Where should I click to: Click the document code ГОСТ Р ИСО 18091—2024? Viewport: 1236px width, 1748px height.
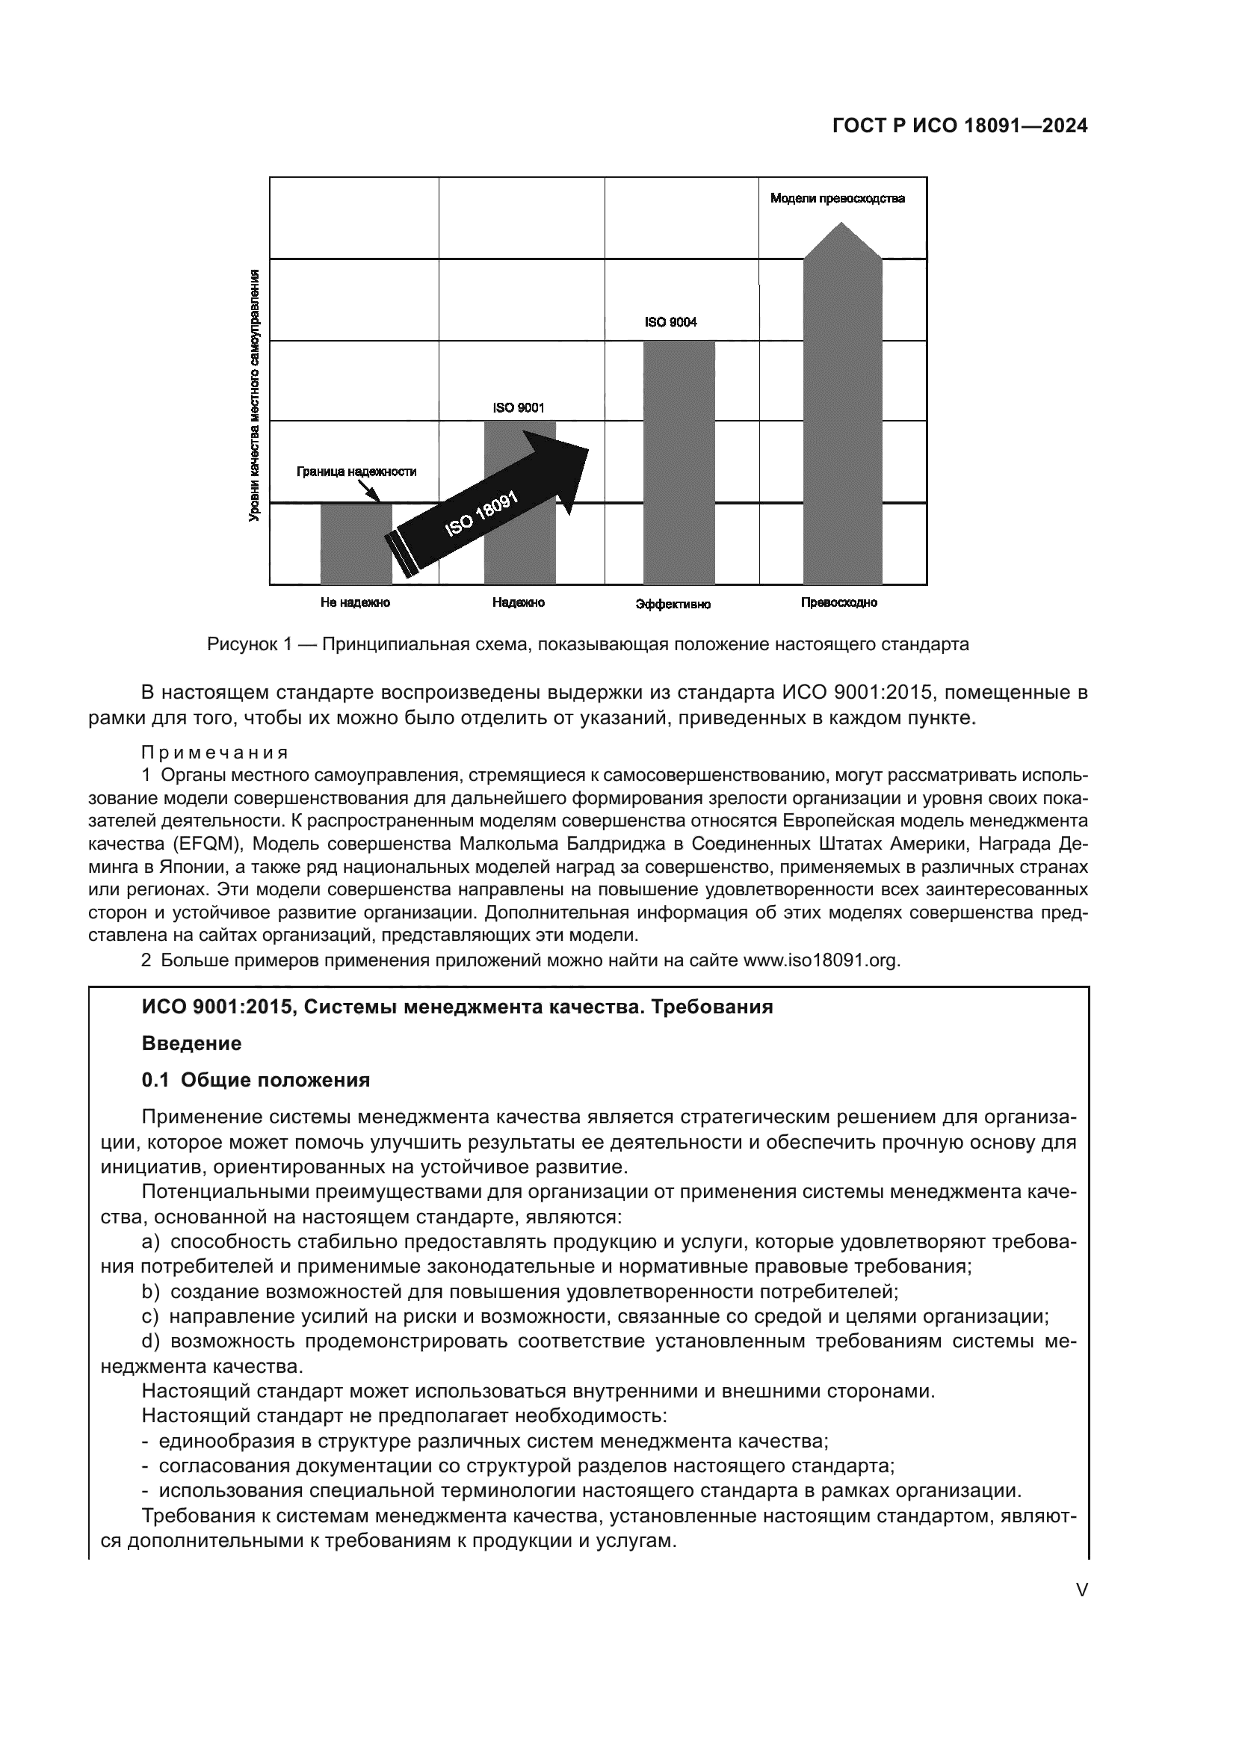tap(960, 126)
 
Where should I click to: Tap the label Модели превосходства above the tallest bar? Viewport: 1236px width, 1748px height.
tap(837, 199)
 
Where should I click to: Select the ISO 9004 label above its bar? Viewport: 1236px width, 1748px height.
tap(670, 322)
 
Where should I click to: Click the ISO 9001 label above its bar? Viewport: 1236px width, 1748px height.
tap(519, 407)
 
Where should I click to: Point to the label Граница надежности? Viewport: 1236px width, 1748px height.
tap(356, 472)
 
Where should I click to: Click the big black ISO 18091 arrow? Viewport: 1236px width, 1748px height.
tap(487, 510)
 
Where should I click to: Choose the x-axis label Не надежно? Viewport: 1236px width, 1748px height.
tap(355, 602)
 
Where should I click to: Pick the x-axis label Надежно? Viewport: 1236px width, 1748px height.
tap(519, 602)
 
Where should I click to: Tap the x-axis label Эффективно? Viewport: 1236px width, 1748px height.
tap(673, 605)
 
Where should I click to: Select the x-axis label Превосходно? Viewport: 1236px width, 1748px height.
tap(838, 602)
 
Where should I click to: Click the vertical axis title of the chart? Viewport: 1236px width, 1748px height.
tap(254, 395)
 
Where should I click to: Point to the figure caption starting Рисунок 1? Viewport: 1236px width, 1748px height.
tap(587, 645)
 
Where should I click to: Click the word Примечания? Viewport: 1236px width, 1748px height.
tap(214, 753)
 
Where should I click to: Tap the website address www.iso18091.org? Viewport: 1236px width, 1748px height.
tap(821, 960)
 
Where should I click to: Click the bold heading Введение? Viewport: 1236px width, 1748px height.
tap(191, 1043)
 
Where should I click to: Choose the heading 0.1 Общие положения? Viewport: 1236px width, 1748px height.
tap(256, 1080)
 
